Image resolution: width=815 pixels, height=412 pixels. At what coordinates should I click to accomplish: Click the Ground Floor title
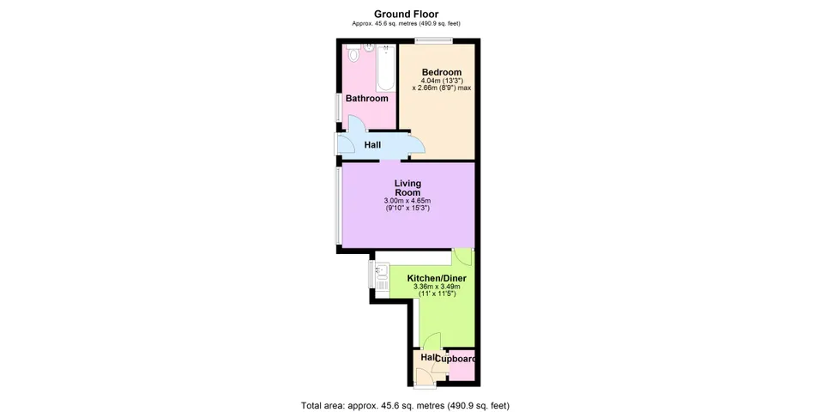tap(407, 14)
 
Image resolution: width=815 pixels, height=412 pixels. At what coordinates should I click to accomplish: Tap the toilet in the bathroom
tap(353, 53)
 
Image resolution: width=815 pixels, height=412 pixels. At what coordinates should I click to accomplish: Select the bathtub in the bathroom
tap(386, 68)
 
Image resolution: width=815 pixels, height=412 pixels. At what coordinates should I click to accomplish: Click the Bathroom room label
tap(367, 99)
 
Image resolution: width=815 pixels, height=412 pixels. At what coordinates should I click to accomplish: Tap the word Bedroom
tap(442, 72)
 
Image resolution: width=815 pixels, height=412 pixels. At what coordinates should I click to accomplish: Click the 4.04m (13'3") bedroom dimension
tap(442, 81)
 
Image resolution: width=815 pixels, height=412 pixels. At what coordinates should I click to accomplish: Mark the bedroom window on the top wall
tap(433, 40)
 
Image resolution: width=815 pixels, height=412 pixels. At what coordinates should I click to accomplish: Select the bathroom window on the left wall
tap(338, 108)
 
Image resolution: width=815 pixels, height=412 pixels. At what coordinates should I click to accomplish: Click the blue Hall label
tap(372, 145)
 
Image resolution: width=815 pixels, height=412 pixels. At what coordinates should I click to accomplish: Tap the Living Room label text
tap(407, 188)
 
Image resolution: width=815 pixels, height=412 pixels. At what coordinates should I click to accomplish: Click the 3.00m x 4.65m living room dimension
tap(407, 201)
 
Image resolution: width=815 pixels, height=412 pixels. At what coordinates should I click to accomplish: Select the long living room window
tap(338, 205)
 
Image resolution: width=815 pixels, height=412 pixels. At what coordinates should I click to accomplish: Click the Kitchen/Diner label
tap(437, 278)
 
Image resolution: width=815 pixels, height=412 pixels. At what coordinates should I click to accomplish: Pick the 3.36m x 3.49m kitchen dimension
tap(437, 287)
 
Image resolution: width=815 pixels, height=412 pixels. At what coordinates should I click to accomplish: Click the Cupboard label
tap(456, 359)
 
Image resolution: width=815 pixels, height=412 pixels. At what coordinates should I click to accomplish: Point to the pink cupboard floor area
tap(462, 371)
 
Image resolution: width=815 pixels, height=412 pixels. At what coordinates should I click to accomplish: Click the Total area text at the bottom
tap(406, 405)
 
